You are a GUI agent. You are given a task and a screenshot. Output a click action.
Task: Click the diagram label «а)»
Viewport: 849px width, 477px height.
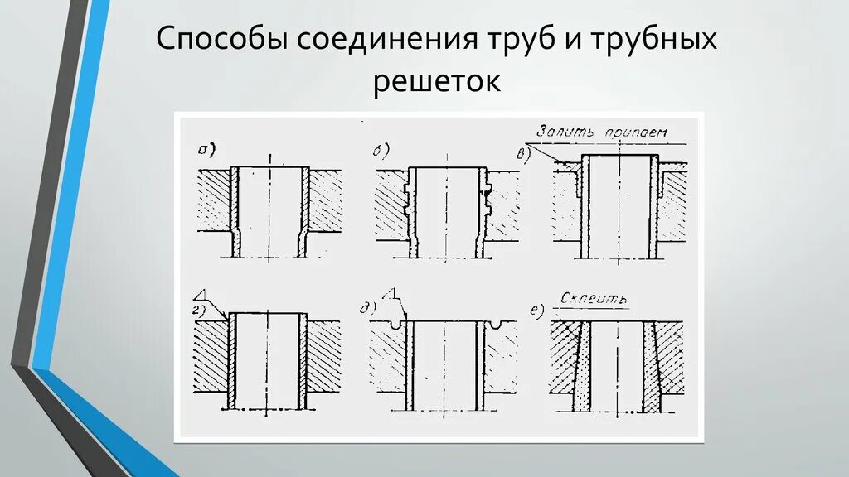(205, 149)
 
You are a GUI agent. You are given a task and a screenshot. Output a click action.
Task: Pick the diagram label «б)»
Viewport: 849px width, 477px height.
(381, 150)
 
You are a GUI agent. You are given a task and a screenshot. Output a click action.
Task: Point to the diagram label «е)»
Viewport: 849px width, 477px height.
(537, 311)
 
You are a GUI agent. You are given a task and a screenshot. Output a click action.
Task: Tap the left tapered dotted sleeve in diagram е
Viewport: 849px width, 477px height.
(582, 364)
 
